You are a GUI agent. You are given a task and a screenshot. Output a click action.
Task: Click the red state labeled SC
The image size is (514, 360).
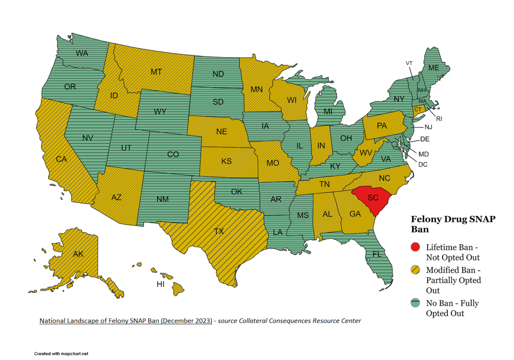(372, 198)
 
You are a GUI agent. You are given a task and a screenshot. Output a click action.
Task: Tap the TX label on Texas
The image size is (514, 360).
(219, 231)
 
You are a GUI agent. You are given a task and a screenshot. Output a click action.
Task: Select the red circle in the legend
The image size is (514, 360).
(416, 247)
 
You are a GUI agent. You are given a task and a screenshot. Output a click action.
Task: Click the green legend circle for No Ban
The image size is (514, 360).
(416, 303)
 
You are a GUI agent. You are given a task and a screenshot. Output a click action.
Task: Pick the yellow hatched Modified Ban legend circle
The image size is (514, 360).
(416, 270)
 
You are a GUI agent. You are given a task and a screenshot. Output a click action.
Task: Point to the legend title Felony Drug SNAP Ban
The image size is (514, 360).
(453, 224)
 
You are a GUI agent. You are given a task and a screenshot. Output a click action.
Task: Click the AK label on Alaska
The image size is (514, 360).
(78, 254)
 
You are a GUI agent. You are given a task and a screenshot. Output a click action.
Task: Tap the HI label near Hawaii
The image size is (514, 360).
(161, 284)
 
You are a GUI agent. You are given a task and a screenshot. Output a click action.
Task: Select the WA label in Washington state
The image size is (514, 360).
(82, 53)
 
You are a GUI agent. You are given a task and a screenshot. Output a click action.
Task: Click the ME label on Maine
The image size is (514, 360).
(433, 68)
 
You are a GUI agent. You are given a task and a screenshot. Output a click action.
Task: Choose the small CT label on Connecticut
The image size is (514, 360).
(418, 109)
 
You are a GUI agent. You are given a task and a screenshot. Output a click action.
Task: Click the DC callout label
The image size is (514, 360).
(423, 164)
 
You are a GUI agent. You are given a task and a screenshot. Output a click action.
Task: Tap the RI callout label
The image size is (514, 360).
(439, 119)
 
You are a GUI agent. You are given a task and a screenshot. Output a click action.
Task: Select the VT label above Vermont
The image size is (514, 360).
(409, 63)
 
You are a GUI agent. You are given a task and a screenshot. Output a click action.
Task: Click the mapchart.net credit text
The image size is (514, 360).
(61, 354)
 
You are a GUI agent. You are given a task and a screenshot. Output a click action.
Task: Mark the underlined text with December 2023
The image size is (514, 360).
(125, 321)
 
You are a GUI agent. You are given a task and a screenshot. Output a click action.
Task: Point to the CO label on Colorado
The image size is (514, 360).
(173, 154)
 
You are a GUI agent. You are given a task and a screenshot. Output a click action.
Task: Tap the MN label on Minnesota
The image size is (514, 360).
(256, 89)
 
